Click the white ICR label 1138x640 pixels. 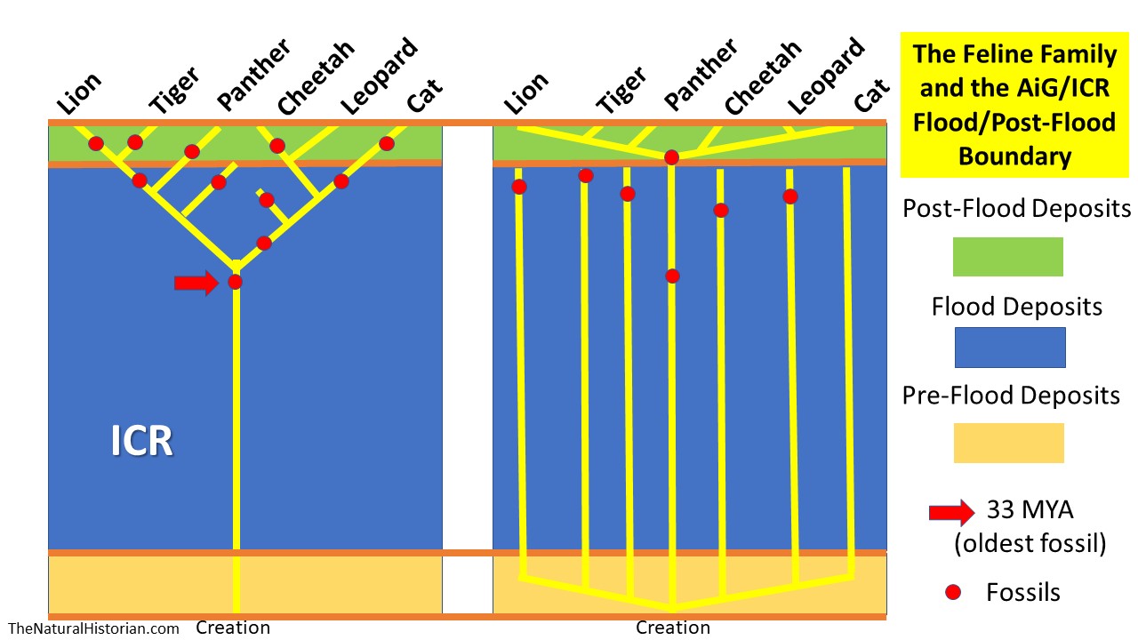click(x=142, y=441)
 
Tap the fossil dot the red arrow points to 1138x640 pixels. click(x=235, y=282)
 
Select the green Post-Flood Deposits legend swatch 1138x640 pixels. click(x=1008, y=257)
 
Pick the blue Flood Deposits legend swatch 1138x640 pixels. click(x=1009, y=347)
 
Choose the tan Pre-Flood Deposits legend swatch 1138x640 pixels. click(x=1008, y=443)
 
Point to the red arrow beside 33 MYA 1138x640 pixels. click(x=950, y=513)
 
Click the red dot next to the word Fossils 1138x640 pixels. click(x=952, y=591)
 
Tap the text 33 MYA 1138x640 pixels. click(x=1029, y=511)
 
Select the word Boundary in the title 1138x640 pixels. click(x=1014, y=156)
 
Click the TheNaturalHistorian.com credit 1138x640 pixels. click(x=94, y=628)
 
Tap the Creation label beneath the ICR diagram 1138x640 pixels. click(x=233, y=628)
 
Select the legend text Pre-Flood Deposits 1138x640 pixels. click(x=1011, y=395)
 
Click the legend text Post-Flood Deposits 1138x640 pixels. click(x=1016, y=209)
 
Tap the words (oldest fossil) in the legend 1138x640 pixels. click(x=1030, y=542)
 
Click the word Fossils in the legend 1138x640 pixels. click(x=1023, y=591)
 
